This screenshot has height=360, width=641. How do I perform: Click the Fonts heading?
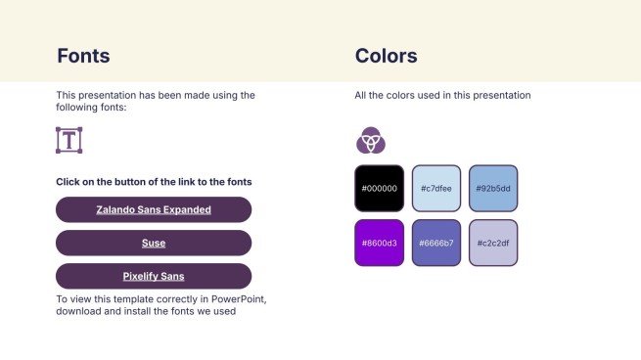83,56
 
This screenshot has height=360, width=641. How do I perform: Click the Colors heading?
386,56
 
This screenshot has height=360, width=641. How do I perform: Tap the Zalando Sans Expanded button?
154,209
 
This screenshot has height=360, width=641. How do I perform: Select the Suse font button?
154,244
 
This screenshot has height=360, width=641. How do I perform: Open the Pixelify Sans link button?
154,276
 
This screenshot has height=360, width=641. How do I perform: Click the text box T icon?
69,140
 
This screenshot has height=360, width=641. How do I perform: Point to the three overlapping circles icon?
371,140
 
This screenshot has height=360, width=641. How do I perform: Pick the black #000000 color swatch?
380,189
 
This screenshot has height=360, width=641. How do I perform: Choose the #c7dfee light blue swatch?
436,189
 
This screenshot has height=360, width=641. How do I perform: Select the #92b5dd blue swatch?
493,189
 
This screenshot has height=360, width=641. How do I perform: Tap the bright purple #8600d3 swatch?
380,244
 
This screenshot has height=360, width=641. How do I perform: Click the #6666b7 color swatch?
436,244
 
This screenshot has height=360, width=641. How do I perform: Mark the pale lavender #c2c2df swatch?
493,244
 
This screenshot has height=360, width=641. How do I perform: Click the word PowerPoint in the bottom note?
239,299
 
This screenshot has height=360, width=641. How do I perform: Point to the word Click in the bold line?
68,182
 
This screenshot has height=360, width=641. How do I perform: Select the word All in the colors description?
360,95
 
